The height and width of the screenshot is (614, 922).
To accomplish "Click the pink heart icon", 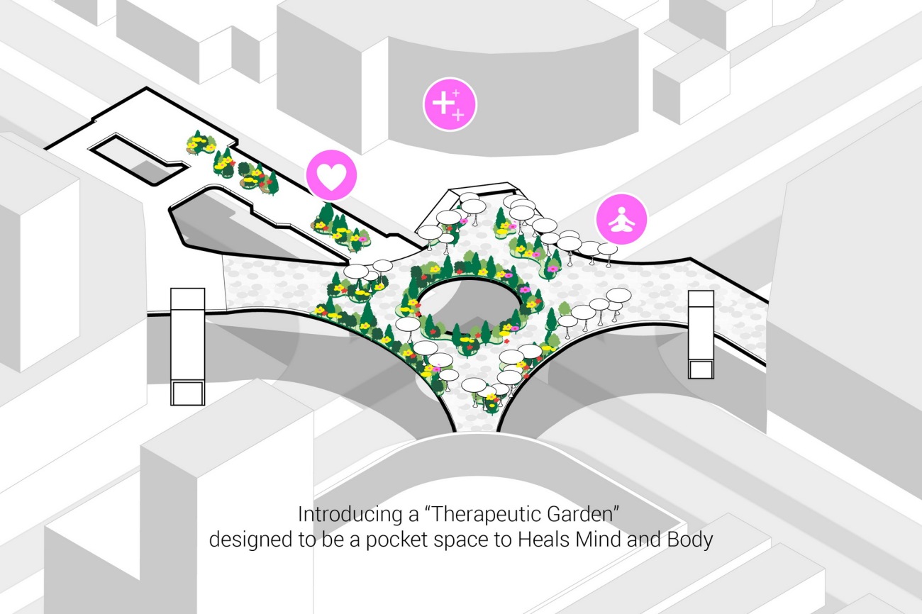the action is (x=331, y=176).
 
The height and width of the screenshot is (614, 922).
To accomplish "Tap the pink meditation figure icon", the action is (x=621, y=219).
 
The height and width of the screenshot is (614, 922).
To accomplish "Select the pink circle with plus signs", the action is (x=450, y=104).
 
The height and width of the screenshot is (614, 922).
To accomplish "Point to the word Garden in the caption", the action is (x=589, y=515).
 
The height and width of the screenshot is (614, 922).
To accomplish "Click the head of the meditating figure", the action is (x=621, y=211).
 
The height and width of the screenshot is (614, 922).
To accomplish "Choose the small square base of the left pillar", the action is (x=188, y=393).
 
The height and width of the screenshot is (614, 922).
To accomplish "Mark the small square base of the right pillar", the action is (x=701, y=369).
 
